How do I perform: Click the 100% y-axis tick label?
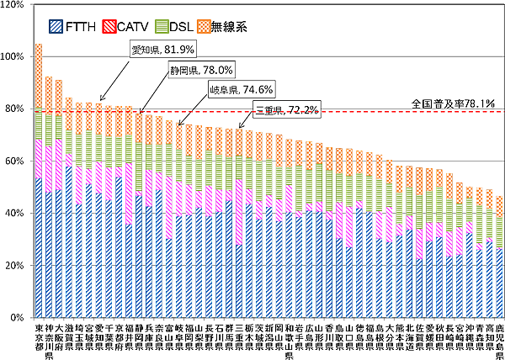13,57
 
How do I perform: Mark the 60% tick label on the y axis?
15,161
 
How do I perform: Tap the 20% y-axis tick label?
15,266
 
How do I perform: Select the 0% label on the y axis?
18,318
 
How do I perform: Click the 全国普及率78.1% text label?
450,103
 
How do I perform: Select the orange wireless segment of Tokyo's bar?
39,76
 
